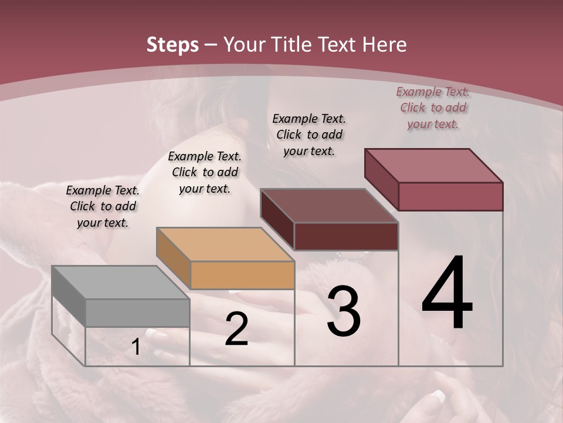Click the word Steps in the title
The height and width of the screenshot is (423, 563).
(x=172, y=45)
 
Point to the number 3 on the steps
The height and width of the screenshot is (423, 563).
(x=344, y=311)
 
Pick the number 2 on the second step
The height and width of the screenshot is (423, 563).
(x=236, y=329)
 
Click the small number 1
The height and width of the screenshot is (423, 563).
(x=135, y=347)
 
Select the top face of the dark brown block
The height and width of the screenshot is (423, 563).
(x=329, y=206)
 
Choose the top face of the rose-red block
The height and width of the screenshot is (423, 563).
(x=433, y=166)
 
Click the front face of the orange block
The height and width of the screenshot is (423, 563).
(x=242, y=275)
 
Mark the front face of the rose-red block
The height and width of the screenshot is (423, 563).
(x=450, y=196)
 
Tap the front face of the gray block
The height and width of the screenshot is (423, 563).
(x=138, y=313)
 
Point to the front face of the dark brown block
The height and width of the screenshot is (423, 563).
(x=346, y=236)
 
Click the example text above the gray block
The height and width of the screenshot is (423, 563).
(x=103, y=207)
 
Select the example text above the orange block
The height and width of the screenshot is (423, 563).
(x=205, y=173)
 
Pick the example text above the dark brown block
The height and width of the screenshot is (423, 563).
(x=309, y=135)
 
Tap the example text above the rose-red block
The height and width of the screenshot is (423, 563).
(x=433, y=108)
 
